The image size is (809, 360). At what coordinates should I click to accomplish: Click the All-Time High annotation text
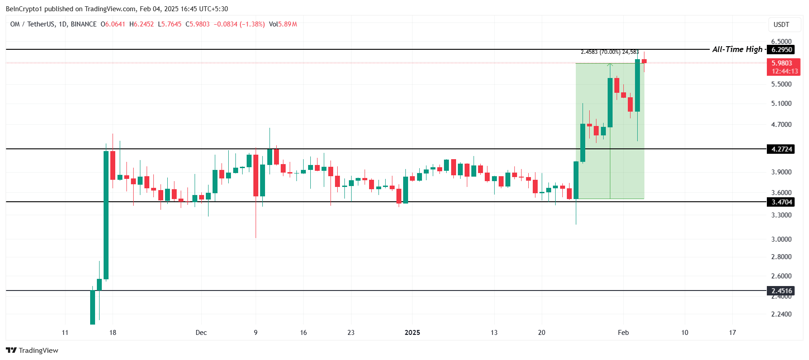(737, 49)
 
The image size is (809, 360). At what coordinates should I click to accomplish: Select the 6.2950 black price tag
(781, 50)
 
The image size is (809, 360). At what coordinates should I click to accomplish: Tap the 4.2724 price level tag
(781, 149)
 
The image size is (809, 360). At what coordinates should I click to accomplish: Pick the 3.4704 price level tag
(781, 202)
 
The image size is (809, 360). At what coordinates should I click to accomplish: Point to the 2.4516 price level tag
(781, 291)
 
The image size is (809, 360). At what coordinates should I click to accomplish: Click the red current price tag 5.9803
(783, 63)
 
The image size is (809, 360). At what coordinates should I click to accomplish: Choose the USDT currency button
(781, 25)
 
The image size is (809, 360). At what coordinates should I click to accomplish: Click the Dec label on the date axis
(201, 333)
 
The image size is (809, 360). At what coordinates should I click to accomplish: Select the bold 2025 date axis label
(412, 333)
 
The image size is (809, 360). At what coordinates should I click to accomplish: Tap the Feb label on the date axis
(623, 333)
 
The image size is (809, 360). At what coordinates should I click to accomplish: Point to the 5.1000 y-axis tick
(781, 104)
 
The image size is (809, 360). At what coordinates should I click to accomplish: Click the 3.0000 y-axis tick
(781, 239)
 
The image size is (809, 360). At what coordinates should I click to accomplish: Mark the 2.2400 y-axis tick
(781, 314)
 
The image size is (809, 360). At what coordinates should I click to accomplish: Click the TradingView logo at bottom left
(32, 350)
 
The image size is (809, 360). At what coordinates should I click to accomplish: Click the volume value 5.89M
(287, 24)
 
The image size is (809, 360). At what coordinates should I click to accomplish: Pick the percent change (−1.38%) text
(252, 24)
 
